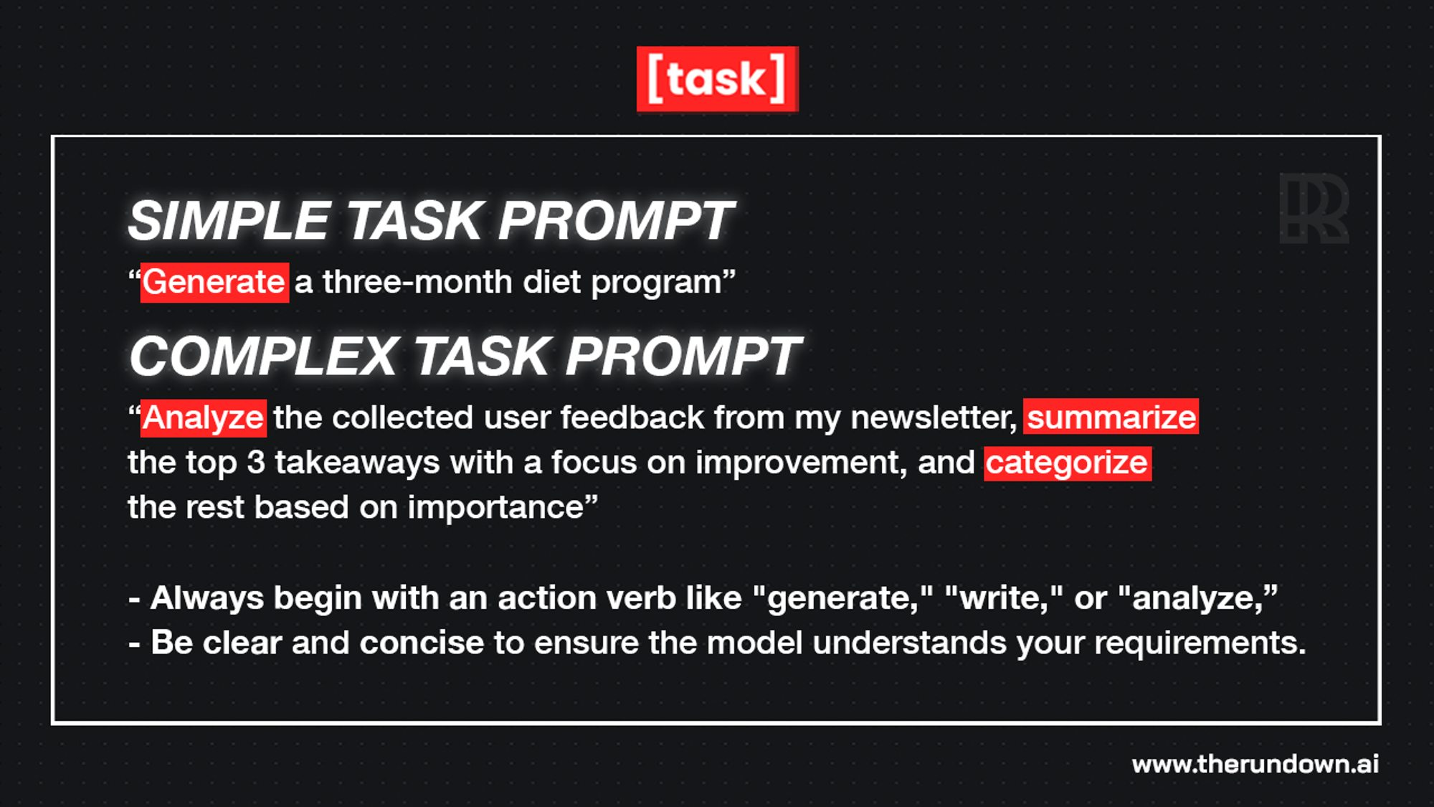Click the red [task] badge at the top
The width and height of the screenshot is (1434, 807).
[x=717, y=79]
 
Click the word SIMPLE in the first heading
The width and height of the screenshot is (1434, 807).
[x=229, y=220]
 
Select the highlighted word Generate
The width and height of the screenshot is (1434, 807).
[x=214, y=283]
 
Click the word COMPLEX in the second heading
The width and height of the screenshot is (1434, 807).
[x=263, y=356]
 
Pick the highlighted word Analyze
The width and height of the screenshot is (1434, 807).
[x=204, y=418]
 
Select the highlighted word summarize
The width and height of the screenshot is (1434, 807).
[x=1111, y=417]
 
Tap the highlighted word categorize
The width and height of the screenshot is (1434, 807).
[x=1068, y=463]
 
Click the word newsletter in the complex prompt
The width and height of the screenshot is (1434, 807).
[x=934, y=417]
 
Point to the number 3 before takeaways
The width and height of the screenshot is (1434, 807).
[x=256, y=463]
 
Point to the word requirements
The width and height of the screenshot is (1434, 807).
[x=1200, y=643]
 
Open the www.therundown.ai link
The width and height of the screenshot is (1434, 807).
[x=1255, y=764]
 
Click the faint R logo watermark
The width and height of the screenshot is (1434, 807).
[x=1314, y=208]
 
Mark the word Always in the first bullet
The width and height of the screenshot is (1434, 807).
[x=207, y=598]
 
